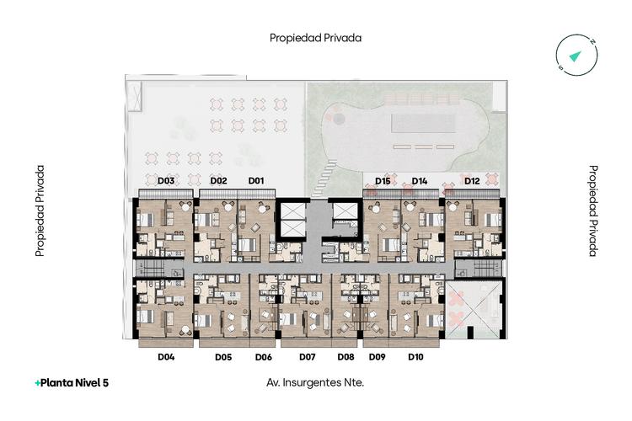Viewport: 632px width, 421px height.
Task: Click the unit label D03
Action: click(166, 181)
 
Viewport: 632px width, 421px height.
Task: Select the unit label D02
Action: click(218, 181)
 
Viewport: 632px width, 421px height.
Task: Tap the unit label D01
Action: click(256, 181)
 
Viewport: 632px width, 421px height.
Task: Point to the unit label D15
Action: click(383, 181)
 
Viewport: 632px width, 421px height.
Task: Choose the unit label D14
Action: click(419, 181)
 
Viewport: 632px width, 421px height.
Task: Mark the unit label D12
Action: click(472, 181)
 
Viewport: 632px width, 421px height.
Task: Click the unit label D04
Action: click(166, 357)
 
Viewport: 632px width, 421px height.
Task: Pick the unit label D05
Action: click(223, 357)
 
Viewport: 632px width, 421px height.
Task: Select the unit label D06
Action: click(264, 357)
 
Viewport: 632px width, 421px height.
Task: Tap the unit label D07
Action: click(307, 357)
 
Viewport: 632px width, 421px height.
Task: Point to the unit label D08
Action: click(345, 357)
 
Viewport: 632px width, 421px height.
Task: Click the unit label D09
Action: click(378, 357)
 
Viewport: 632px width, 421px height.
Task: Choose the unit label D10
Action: click(415, 357)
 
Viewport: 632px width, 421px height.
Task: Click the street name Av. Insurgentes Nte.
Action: click(315, 383)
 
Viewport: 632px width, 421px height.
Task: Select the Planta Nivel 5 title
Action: click(72, 383)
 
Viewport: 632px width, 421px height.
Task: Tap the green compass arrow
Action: click(576, 56)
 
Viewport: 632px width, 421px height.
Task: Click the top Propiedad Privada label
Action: click(316, 38)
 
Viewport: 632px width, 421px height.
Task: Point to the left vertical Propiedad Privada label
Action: click(40, 210)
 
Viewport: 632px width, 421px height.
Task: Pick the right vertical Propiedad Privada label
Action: click(593, 210)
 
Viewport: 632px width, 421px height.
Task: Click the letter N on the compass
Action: click(592, 41)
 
